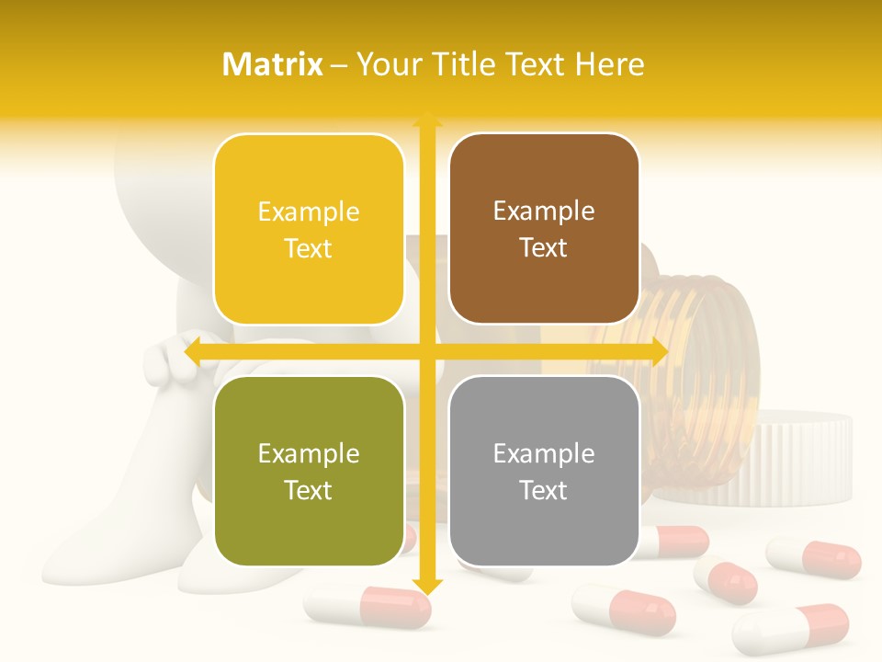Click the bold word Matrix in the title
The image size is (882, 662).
click(x=273, y=64)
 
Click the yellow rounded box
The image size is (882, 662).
click(x=309, y=229)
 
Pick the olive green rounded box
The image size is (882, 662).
click(x=309, y=471)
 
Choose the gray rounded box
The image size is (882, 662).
click(x=544, y=471)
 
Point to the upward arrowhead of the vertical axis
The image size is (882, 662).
click(x=427, y=119)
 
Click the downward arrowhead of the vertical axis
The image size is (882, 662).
click(x=427, y=586)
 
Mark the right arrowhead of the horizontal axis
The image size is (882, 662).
click(x=659, y=352)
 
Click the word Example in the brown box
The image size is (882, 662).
click(x=544, y=211)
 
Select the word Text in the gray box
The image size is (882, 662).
click(x=544, y=491)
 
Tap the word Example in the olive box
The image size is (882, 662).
click(x=309, y=453)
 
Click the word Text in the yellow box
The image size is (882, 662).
click(x=309, y=249)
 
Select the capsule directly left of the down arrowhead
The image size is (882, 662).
click(x=367, y=607)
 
